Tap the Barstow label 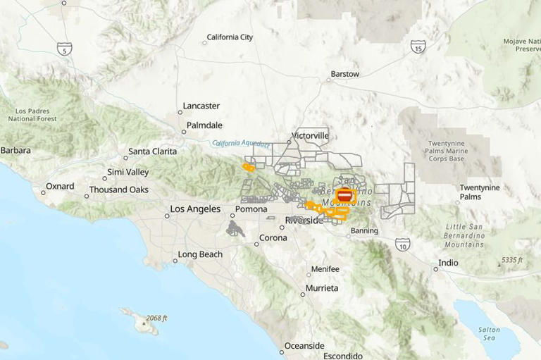[345, 74]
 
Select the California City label [229, 37]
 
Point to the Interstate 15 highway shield [418, 46]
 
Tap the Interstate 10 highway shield [403, 244]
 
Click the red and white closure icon [344, 195]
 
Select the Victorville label [310, 135]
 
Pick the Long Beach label [200, 254]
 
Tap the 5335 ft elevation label [512, 260]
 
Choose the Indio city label [449, 263]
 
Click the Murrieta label [322, 288]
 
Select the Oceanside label [304, 345]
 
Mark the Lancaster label [201, 106]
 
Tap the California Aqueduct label [242, 143]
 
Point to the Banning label [364, 230]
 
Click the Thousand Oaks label [118, 190]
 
